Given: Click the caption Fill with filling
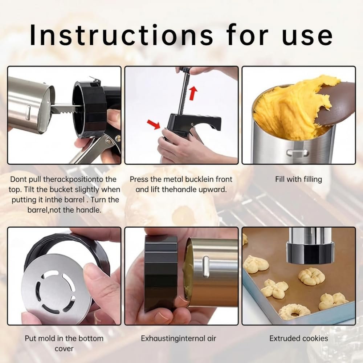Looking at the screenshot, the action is tap(298, 179).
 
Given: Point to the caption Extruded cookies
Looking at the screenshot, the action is tap(299, 338).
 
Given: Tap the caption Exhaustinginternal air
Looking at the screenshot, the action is tap(179, 338).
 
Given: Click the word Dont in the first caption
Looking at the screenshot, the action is tap(19, 179).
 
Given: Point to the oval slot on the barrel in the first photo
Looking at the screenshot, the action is tap(28, 113).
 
